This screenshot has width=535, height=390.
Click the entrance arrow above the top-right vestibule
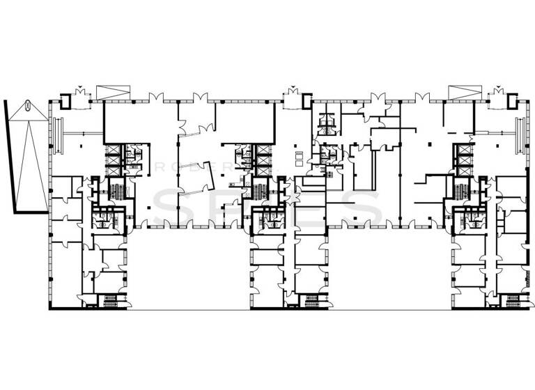pyautogui.click(x=498, y=88)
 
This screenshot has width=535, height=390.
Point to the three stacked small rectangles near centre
pyautogui.click(x=299, y=157)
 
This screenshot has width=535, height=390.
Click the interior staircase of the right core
pyautogui.click(x=460, y=189)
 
